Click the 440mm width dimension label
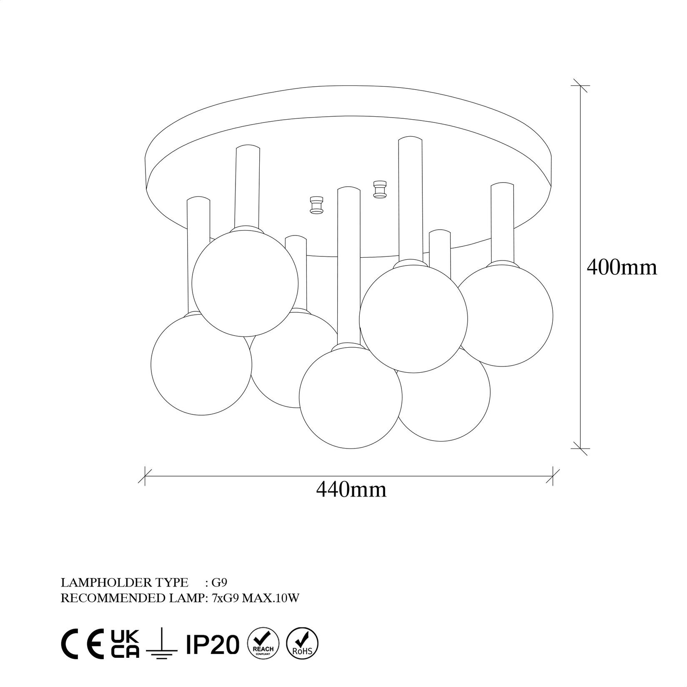[x=351, y=489]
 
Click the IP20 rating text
[x=213, y=644]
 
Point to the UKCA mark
[x=125, y=644]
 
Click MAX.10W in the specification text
[x=271, y=598]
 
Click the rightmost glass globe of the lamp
[x=506, y=315]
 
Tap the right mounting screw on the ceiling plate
[x=379, y=190]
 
